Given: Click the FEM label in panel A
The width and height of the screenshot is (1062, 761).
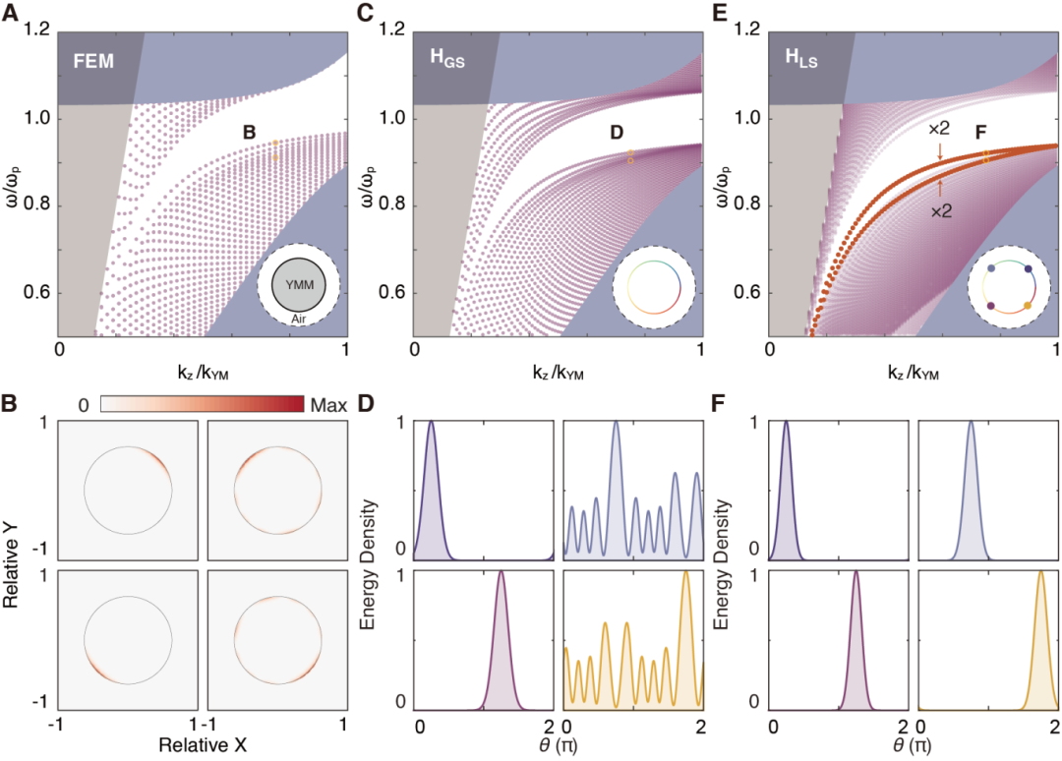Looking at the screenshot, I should coord(94,63).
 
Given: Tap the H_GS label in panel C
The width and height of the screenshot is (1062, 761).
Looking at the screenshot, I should coord(449,63).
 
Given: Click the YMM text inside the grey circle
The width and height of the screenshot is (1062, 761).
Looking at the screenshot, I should coord(298,280).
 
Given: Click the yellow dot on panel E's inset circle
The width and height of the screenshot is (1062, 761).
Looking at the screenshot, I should coord(1028,307).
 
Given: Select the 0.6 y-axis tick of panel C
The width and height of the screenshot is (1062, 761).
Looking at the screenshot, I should coord(391,293).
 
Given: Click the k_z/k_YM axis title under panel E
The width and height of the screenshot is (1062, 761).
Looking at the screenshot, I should coord(913,375).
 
